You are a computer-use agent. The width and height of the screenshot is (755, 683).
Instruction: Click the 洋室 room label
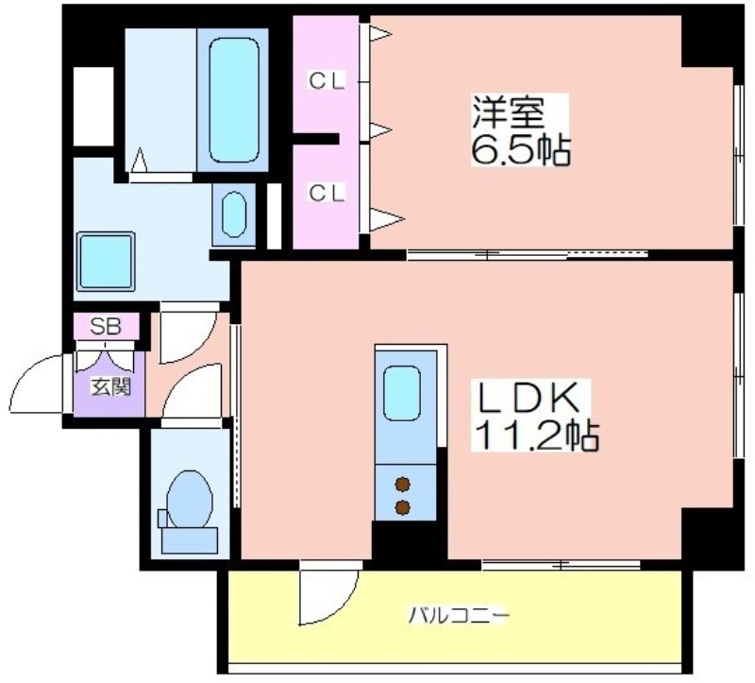click(x=508, y=111)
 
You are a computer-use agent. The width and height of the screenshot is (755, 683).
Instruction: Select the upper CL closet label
click(x=327, y=81)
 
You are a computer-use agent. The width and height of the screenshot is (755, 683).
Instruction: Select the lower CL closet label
click(x=327, y=193)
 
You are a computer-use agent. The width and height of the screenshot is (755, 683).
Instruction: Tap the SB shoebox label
click(x=106, y=326)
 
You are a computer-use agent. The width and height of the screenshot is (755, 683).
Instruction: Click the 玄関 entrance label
click(x=110, y=386)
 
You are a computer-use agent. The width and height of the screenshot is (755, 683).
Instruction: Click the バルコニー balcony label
click(x=459, y=616)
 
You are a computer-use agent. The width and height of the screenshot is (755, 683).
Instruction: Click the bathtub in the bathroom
click(x=234, y=100)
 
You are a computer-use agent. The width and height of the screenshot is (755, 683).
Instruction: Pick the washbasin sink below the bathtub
click(x=234, y=214)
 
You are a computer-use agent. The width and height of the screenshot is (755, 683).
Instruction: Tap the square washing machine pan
click(x=106, y=262)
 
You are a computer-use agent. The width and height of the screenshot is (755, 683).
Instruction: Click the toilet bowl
click(x=190, y=500)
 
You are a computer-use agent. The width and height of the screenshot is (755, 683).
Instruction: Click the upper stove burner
click(x=403, y=485)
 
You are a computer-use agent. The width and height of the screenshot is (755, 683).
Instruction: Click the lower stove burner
click(x=403, y=507)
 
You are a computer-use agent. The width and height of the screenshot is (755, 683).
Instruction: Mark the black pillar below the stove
click(x=410, y=540)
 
